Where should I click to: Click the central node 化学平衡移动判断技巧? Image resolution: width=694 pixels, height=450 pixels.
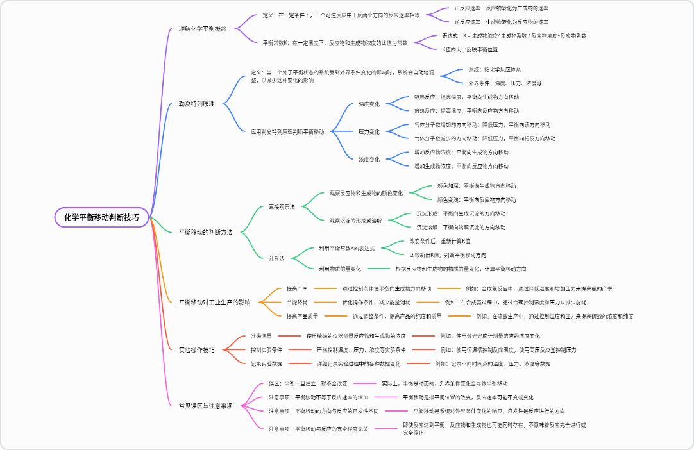tap(101, 217)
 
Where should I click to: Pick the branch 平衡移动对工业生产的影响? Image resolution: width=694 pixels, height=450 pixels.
tap(214, 301)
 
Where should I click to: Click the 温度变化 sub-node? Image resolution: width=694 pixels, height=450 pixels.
tap(369, 104)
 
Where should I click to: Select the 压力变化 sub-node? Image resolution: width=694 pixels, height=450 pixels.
tap(369, 131)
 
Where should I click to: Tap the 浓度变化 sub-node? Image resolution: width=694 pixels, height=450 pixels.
tap(369, 159)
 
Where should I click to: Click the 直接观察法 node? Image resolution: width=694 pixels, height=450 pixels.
tap(282, 206)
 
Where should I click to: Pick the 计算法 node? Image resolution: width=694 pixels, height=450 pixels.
tap(277, 258)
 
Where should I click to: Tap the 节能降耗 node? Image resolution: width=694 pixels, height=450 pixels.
tap(296, 302)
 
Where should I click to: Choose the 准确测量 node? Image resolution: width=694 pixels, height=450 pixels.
tap(261, 335)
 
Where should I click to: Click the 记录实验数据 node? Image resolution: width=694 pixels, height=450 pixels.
tap(266, 363)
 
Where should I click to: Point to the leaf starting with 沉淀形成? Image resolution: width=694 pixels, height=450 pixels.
tap(461, 213)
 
